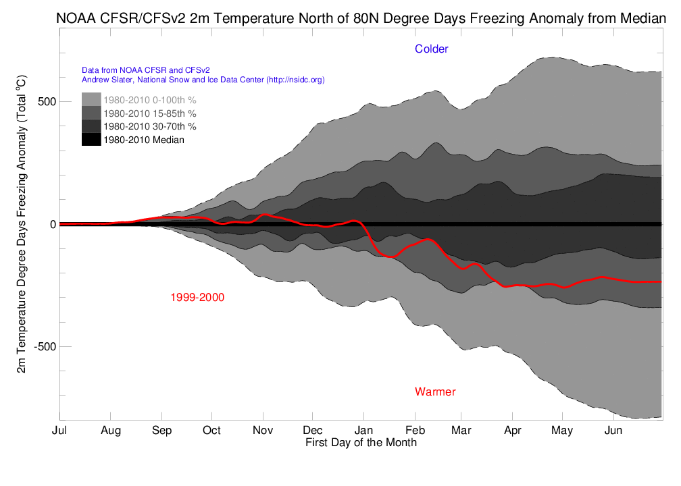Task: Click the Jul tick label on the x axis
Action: [59, 430]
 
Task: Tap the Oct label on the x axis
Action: [211, 430]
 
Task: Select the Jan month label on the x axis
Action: [363, 430]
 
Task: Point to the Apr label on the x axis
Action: [513, 430]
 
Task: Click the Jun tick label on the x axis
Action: [613, 430]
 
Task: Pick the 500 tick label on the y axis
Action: [45, 102]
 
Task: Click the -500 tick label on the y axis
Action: [43, 347]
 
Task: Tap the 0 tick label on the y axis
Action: [52, 224]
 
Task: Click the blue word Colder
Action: [432, 49]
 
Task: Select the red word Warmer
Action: [435, 391]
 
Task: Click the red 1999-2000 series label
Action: [197, 297]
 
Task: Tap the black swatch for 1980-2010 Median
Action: [91, 140]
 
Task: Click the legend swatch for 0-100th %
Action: [91, 100]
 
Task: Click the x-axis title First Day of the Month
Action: [361, 443]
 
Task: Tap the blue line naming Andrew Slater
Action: [203, 80]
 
